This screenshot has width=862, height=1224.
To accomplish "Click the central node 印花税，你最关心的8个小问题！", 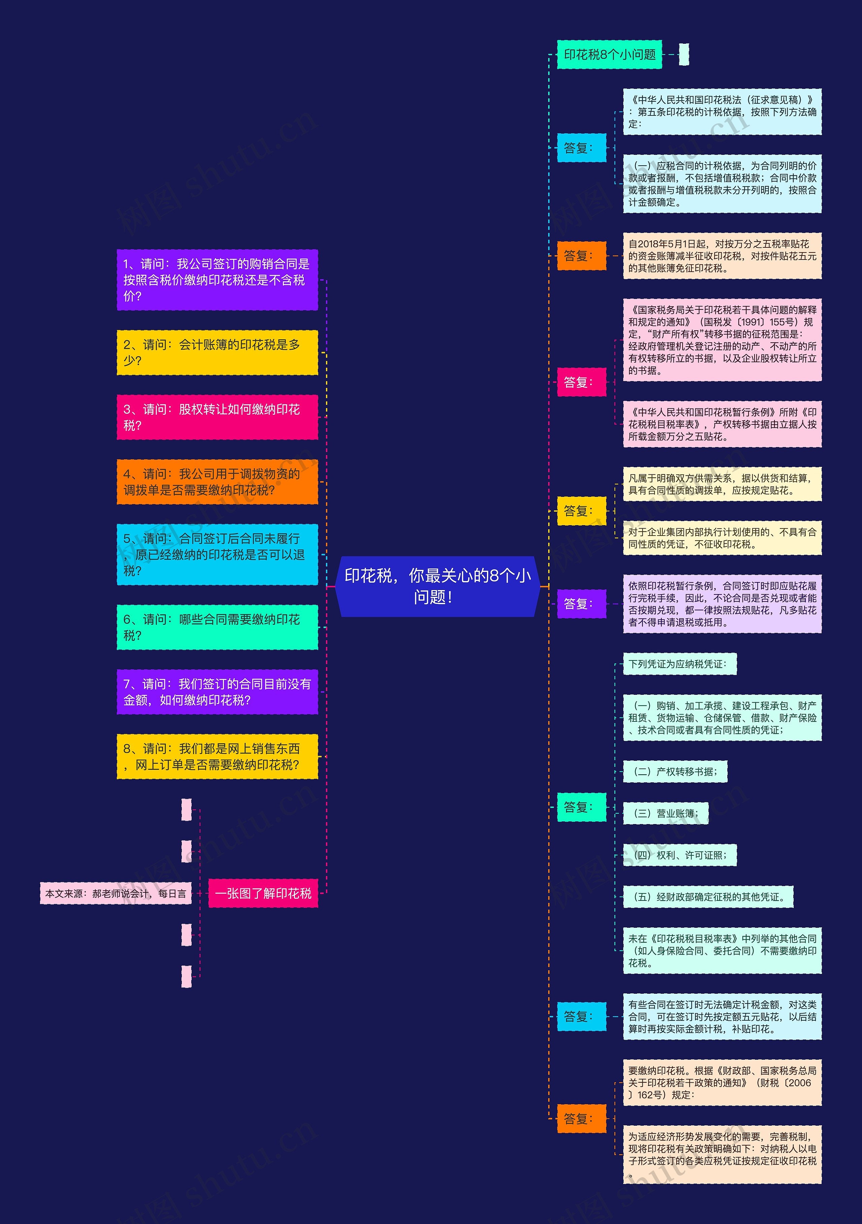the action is pos(437,586).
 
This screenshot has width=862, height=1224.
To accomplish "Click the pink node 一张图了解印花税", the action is pos(263,893).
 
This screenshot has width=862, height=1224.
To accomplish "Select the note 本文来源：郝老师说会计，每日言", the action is pos(116,893).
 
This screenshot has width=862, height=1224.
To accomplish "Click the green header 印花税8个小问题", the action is pos(609,55).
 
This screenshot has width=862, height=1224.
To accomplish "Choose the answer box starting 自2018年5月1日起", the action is pos(722,256).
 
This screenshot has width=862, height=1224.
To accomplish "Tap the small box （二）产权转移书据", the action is pos(675,772).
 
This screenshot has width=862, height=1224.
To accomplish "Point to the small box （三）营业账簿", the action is pos(665,813).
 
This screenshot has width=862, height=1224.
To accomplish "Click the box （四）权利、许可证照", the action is pos(680,855).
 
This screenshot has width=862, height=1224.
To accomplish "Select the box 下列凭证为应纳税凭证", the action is pos(680,664).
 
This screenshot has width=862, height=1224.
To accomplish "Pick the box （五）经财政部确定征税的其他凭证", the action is pos(708,897).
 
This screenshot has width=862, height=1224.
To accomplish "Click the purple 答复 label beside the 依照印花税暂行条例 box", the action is pos(581,604).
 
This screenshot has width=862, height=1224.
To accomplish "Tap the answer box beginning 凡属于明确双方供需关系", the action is pos(722,484).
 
